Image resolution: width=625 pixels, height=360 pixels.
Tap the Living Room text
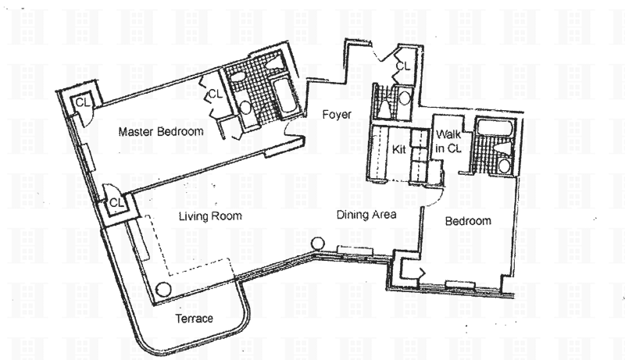[209, 216]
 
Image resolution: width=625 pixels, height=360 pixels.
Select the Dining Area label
[367, 215]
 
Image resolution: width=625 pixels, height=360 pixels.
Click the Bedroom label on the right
[468, 221]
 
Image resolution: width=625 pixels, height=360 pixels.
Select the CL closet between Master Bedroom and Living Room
[116, 202]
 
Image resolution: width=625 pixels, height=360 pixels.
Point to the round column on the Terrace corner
[164, 288]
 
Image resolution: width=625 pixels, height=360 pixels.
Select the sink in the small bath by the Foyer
[404, 98]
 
